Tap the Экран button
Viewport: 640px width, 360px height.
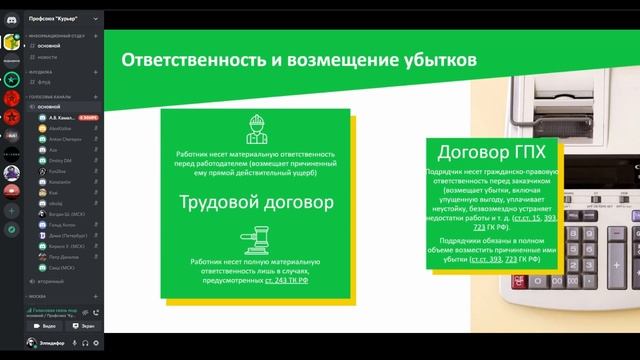[85, 326]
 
